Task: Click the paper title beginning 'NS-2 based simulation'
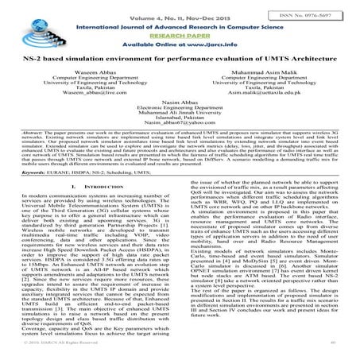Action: click(x=179, y=61)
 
